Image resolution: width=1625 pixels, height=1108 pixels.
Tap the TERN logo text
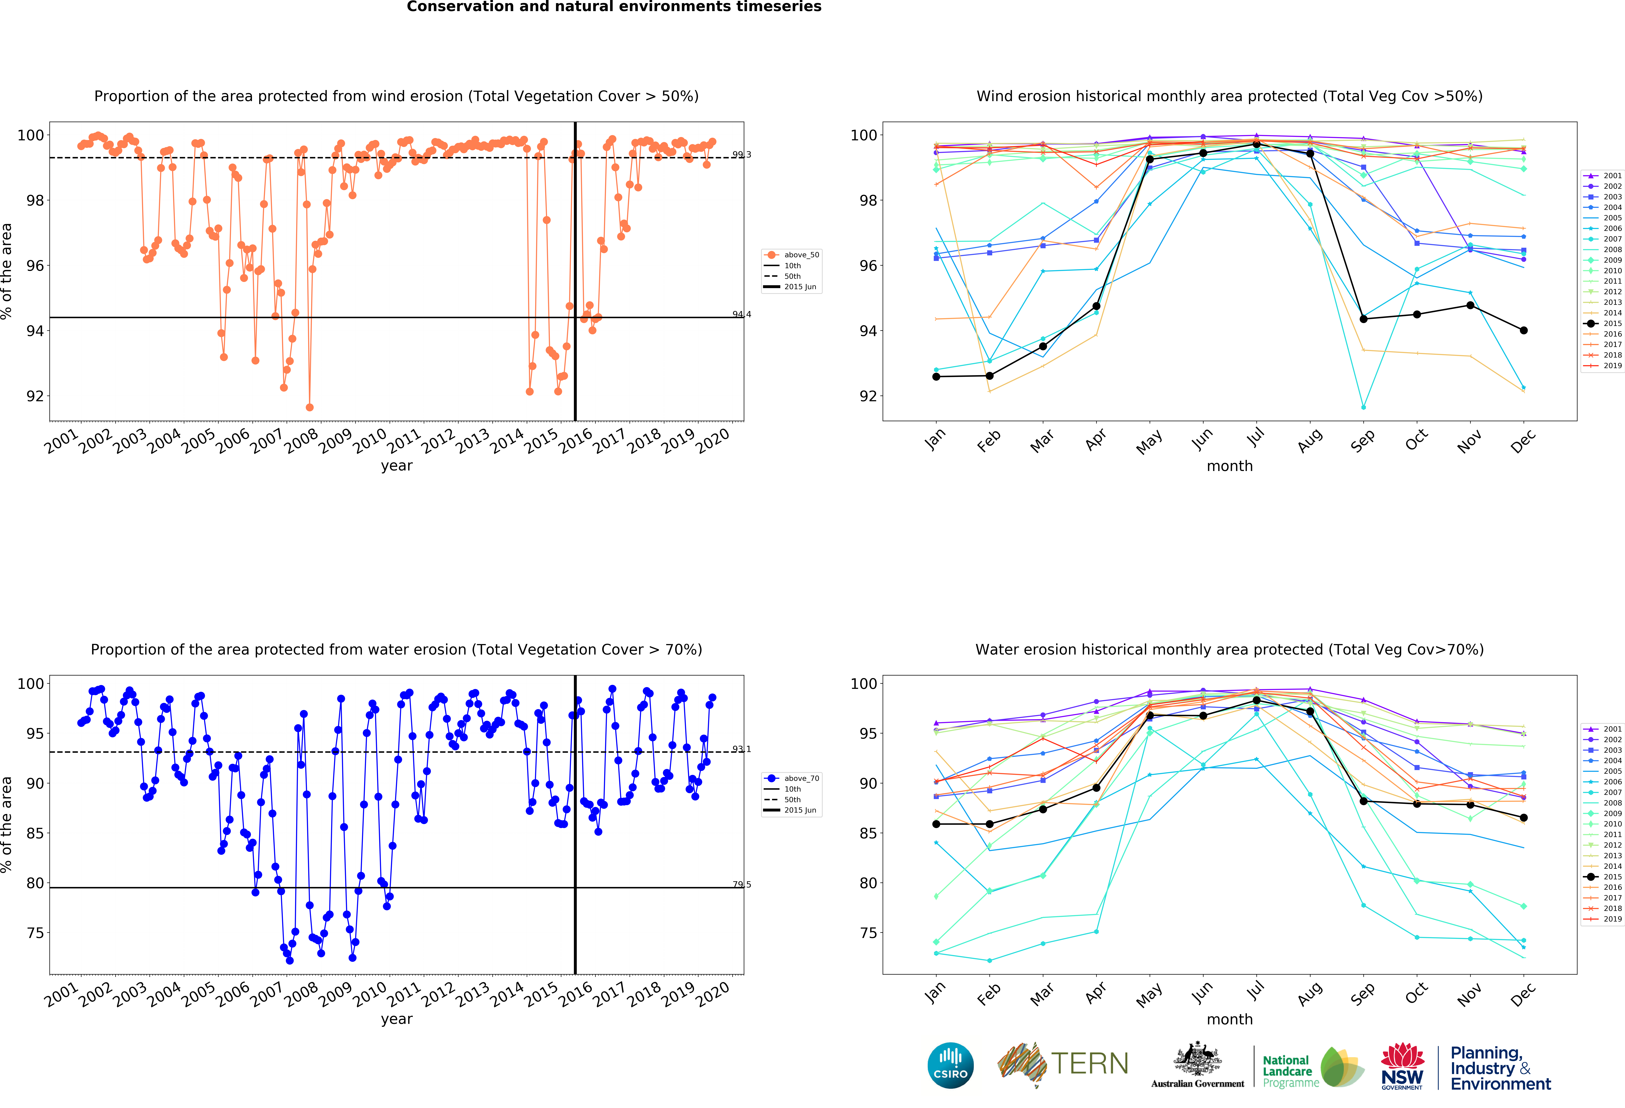tap(1089, 1064)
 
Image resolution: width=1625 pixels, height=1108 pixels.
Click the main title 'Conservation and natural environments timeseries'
tap(614, 7)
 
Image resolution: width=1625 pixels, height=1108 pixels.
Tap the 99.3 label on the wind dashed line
tap(741, 155)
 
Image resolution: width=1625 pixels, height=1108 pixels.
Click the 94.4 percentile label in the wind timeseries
tap(741, 314)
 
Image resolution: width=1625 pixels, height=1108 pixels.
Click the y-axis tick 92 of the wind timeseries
tap(34, 396)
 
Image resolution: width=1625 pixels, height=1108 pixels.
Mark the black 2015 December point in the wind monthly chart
tap(1524, 330)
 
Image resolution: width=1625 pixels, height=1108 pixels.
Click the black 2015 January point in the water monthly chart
tap(936, 824)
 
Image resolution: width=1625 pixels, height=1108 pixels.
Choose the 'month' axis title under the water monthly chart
tap(1229, 1019)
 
